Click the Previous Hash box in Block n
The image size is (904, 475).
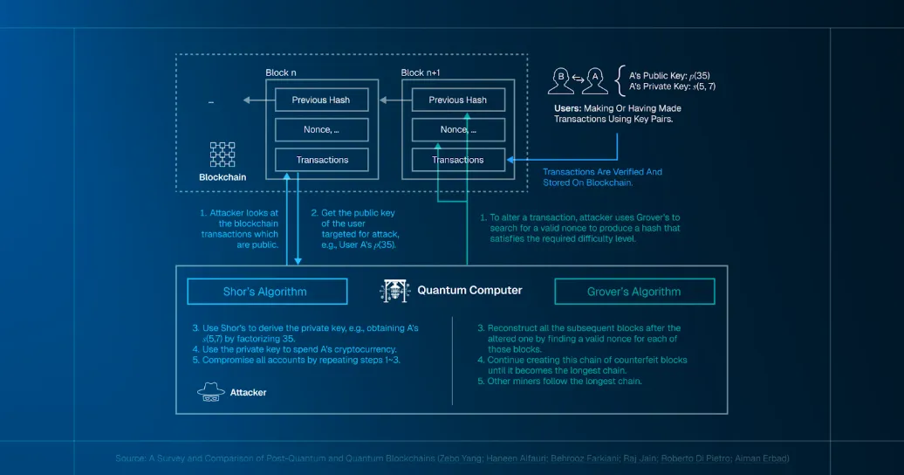coord(321,100)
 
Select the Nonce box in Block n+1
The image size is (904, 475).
coord(458,130)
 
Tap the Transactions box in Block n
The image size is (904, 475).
coord(321,160)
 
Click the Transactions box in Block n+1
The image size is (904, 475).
coord(458,160)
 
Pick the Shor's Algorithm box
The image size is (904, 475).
coord(266,292)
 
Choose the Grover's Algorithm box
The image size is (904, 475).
coord(634,292)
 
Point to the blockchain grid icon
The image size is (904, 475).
coord(223,154)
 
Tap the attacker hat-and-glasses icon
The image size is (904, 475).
coord(210,392)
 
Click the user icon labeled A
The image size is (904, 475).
coord(596,81)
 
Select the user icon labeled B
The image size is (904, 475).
coord(560,81)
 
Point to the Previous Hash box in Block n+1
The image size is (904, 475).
coord(458,100)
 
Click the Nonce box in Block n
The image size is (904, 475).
coord(321,130)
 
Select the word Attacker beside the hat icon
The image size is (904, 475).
coord(248,393)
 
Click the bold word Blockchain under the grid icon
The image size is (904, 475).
coord(223,177)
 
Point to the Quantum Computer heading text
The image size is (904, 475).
coord(469,291)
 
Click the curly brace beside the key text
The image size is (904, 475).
coord(620,80)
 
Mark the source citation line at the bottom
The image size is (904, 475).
coord(451,458)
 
